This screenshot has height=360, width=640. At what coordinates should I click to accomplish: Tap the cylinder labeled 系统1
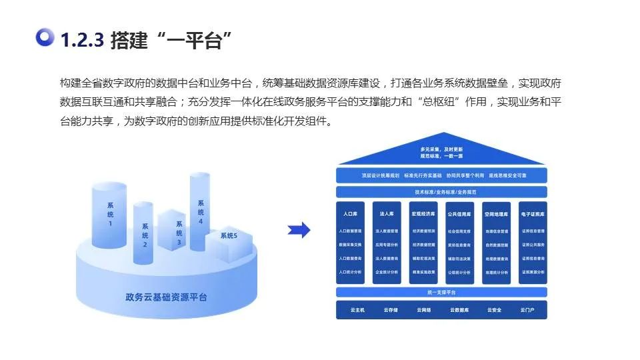[x=110, y=213]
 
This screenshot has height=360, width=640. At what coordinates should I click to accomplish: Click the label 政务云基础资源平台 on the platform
[x=166, y=296]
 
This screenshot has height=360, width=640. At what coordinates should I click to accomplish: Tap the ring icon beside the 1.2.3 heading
[x=45, y=38]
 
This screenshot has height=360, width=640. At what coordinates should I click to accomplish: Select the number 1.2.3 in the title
[x=81, y=40]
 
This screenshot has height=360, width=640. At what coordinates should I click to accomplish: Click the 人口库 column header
[x=350, y=215]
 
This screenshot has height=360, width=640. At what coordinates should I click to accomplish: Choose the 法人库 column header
[x=387, y=215]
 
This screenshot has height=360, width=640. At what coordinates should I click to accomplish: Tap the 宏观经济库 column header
[x=423, y=215]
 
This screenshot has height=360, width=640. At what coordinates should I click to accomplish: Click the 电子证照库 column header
[x=533, y=215]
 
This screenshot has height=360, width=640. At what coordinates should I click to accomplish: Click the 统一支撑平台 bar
[x=441, y=293]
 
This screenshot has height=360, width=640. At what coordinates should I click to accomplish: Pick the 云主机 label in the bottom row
[x=357, y=310]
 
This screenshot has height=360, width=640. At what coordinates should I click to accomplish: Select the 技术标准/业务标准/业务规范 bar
[x=441, y=192]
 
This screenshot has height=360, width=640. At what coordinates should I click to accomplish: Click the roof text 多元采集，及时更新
[x=441, y=149]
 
